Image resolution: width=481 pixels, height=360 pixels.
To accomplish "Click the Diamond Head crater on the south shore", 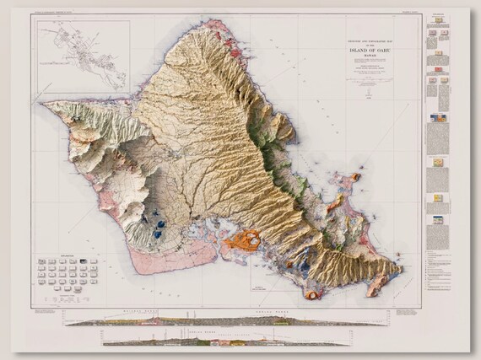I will pos(313,294).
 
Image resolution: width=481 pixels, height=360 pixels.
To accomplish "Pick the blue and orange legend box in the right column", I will pos(439,119).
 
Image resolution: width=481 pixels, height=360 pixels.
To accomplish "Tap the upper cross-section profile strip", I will pos(228,320).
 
